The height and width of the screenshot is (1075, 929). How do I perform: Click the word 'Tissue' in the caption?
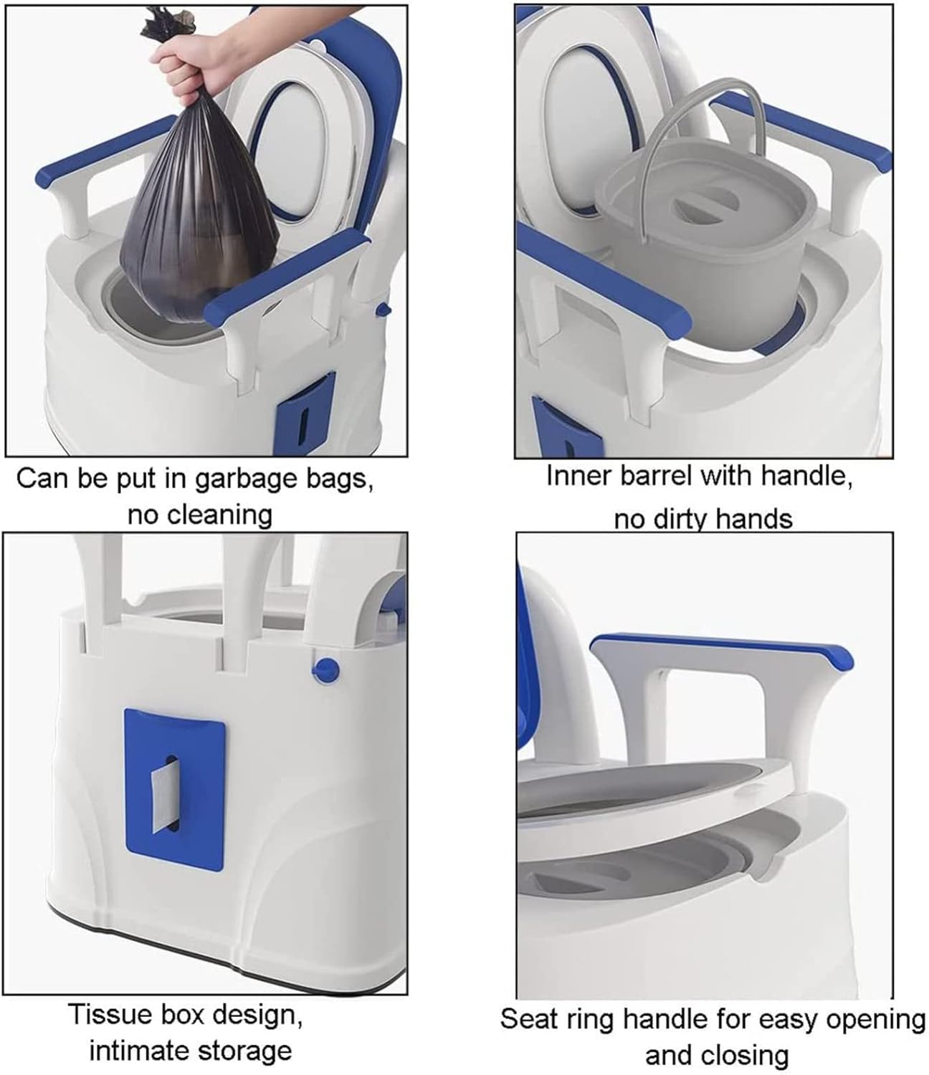pyautogui.click(x=108, y=1015)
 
